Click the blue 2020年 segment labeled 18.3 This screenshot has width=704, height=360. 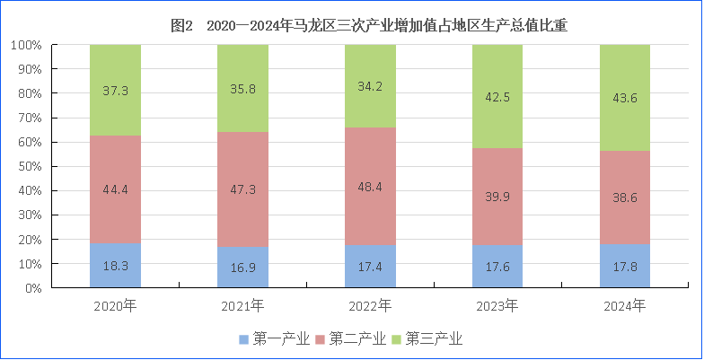tap(115, 266)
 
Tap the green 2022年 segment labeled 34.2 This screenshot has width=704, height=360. tap(370, 86)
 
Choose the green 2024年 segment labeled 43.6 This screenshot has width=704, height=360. tap(625, 98)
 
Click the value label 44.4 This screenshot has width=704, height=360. tap(116, 190)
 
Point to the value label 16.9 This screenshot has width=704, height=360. tap(243, 268)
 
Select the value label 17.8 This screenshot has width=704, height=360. tap(626, 267)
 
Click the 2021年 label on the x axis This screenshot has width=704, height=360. tap(242, 306)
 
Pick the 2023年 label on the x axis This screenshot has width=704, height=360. tap(497, 306)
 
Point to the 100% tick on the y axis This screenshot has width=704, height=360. tap(28, 45)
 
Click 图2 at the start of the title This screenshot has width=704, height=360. tap(182, 27)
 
